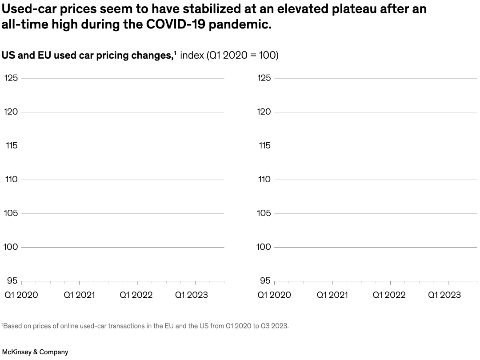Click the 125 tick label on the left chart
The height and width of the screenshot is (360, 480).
[x=11, y=78]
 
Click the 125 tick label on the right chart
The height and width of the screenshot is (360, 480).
[x=264, y=78]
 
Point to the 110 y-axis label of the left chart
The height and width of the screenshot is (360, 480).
[x=11, y=180]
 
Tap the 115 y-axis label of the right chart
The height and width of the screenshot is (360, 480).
[x=264, y=146]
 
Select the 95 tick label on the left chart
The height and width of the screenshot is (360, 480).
[x=12, y=281]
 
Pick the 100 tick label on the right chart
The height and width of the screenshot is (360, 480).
[x=264, y=247]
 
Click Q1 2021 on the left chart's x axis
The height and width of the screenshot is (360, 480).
[x=79, y=295]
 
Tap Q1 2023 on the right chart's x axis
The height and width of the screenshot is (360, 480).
[x=444, y=295]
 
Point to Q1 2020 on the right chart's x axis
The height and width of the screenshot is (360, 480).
[x=274, y=295]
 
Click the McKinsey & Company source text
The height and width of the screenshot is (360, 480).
[x=35, y=352]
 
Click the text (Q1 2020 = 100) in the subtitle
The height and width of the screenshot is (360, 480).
[x=243, y=56]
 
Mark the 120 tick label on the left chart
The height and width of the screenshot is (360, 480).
[x=11, y=112]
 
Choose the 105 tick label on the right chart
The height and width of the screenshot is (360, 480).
[x=264, y=213]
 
